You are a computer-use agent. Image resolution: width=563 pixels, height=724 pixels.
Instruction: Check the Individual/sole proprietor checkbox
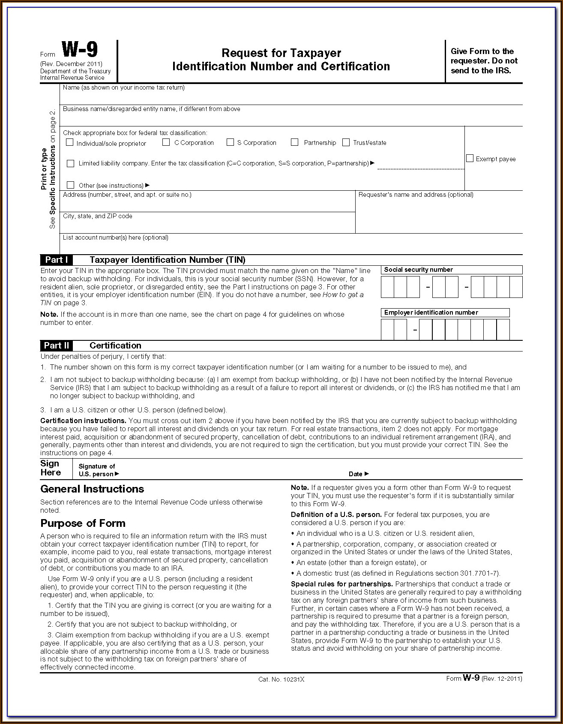click(70, 142)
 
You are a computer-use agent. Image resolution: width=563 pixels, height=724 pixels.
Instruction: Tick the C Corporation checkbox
click(166, 142)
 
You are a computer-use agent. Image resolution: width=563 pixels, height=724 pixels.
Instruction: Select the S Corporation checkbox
click(231, 142)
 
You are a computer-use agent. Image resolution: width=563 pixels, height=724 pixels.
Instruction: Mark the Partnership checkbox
click(295, 142)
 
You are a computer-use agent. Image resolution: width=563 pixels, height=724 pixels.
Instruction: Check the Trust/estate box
click(346, 142)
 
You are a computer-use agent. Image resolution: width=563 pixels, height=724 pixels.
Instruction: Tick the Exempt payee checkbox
click(470, 159)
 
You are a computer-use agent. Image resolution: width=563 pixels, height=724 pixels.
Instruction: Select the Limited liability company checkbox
click(71, 163)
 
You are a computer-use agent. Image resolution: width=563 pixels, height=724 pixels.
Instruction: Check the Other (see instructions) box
click(71, 185)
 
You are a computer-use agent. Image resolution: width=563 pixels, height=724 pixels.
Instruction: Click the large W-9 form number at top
click(80, 50)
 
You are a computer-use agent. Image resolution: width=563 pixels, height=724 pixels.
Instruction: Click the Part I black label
click(57, 260)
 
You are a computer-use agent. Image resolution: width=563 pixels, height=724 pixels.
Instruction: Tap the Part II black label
click(57, 345)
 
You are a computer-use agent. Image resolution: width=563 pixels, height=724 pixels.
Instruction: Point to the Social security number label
click(418, 270)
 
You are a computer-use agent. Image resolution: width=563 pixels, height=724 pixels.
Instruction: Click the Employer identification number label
click(431, 312)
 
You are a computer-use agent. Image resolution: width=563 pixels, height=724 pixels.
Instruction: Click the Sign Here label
click(51, 468)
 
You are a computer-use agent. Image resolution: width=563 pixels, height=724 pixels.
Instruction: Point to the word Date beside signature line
click(356, 474)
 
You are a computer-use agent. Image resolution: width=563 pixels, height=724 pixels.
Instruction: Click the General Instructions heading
click(92, 489)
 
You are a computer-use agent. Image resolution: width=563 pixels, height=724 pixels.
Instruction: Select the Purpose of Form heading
click(83, 523)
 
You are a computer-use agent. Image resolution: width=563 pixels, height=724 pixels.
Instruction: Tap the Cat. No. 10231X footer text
click(281, 679)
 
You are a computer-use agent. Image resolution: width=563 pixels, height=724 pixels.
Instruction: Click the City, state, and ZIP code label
click(97, 216)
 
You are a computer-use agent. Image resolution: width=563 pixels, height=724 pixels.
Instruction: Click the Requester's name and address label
click(416, 195)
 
